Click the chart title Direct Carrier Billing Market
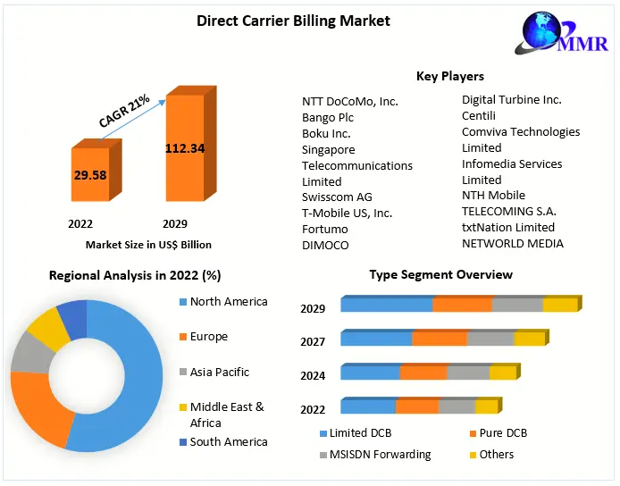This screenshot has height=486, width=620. click(x=293, y=21)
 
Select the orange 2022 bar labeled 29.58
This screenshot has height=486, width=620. click(x=90, y=175)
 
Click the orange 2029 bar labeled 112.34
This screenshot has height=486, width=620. click(x=185, y=148)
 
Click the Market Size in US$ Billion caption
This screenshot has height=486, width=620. click(x=148, y=244)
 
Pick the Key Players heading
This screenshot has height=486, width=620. click(x=450, y=76)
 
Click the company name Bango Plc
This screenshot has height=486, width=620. click(x=328, y=117)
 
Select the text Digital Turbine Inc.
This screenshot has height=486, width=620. click(x=512, y=100)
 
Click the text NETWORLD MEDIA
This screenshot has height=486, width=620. click(x=513, y=243)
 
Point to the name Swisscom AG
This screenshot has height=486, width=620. click(x=337, y=197)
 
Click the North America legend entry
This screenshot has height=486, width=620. click(x=229, y=302)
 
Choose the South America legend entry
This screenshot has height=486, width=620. click(x=229, y=441)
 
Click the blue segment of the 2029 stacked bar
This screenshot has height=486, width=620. click(x=386, y=306)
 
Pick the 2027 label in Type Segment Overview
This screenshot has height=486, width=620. click(x=313, y=341)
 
